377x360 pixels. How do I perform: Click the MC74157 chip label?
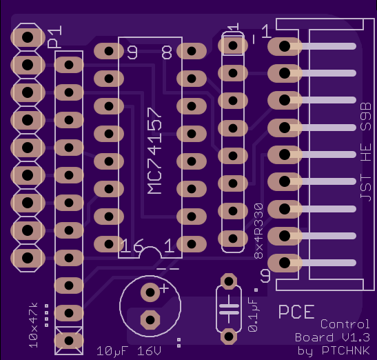pyautogui.click(x=154, y=151)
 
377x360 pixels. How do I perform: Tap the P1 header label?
pyautogui.click(x=55, y=37)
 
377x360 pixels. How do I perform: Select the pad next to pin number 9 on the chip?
pyautogui.click(x=109, y=51)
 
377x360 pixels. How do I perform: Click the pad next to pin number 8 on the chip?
pyautogui.click(x=192, y=51)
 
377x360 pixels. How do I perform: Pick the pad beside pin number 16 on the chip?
pyautogui.click(x=109, y=244)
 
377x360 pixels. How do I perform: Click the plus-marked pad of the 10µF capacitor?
pyautogui.click(x=150, y=292)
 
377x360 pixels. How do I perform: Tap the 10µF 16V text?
pyautogui.click(x=129, y=351)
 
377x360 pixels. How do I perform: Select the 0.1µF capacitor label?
pyautogui.click(x=253, y=314)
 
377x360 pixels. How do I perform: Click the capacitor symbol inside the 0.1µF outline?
pyautogui.click(x=229, y=309)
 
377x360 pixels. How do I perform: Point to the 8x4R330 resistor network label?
pyautogui.click(x=258, y=231)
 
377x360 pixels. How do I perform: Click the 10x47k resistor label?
pyautogui.click(x=33, y=326)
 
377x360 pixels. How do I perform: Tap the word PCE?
pyautogui.click(x=296, y=312)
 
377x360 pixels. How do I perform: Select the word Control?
pyautogui.click(x=345, y=324)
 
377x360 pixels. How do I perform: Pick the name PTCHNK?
pyautogui.click(x=346, y=350)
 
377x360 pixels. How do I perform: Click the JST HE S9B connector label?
pyautogui.click(x=366, y=152)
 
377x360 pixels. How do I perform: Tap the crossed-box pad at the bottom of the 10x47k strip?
pyautogui.click(x=69, y=341)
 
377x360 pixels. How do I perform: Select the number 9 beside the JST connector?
pyautogui.click(x=265, y=276)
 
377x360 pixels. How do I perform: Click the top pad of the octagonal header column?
pyautogui.click(x=28, y=37)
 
